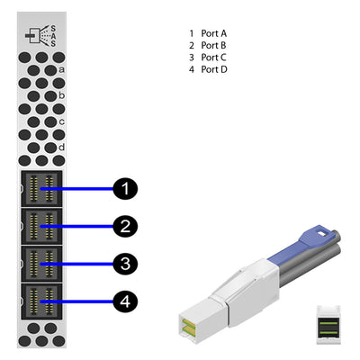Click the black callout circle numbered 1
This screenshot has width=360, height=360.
click(x=126, y=188)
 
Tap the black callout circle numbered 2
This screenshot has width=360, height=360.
click(x=126, y=226)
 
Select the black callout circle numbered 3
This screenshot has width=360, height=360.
click(x=126, y=264)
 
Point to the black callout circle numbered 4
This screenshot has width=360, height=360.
click(x=126, y=301)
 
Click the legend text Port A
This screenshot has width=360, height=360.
click(x=214, y=32)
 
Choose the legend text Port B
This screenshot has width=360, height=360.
click(x=214, y=44)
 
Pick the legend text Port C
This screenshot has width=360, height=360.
click(x=214, y=56)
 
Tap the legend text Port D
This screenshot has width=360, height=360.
click(x=214, y=67)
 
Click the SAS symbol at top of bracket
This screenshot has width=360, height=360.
click(x=41, y=34)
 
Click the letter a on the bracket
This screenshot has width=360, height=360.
click(x=61, y=68)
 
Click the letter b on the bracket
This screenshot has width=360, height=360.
click(x=61, y=94)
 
